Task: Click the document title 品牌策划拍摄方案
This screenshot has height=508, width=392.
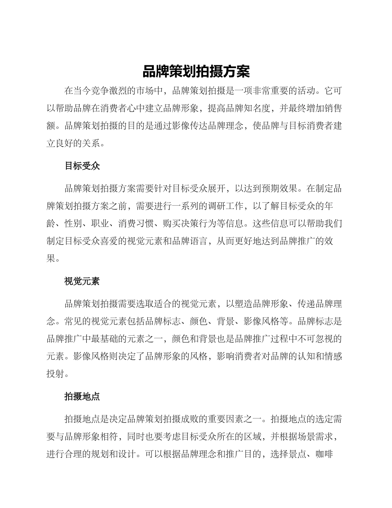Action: [196, 72]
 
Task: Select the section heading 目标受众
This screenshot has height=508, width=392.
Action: [82, 166]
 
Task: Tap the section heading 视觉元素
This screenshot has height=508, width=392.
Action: [82, 282]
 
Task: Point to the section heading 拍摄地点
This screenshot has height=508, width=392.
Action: [82, 397]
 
